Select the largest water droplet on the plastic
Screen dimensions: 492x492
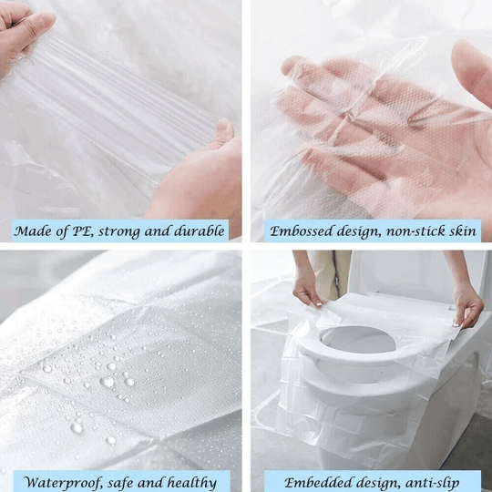click(x=108, y=382)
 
